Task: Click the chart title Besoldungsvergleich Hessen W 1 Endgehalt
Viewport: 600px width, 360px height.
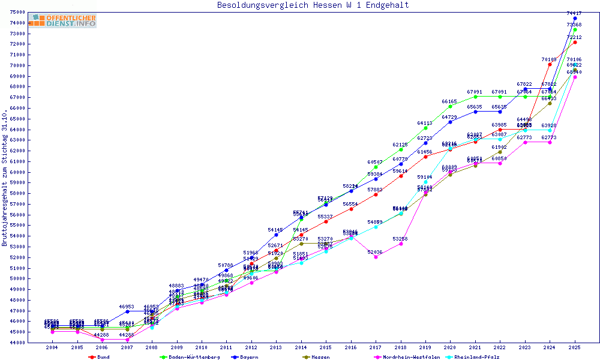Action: [313, 5]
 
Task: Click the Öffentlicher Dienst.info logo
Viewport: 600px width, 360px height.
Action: [62, 20]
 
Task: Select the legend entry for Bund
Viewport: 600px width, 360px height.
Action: [103, 356]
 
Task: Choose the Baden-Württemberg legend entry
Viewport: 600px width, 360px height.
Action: [185, 356]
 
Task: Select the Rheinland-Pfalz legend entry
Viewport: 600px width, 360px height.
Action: [476, 356]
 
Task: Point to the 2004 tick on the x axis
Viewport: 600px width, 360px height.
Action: [52, 347]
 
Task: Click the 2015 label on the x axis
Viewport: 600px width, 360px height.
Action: [326, 347]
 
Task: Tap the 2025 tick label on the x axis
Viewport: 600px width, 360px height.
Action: [575, 347]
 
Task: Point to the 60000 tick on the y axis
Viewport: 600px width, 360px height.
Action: [17, 172]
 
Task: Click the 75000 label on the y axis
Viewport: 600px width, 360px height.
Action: [17, 13]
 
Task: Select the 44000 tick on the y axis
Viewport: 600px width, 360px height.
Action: [17, 343]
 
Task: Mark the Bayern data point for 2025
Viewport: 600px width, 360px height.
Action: [575, 19]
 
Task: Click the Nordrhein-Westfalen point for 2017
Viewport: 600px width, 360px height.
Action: [376, 256]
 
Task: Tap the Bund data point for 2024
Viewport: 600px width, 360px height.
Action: [550, 64]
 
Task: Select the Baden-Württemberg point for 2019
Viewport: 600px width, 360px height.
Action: [425, 128]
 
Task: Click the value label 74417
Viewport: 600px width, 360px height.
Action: [574, 13]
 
